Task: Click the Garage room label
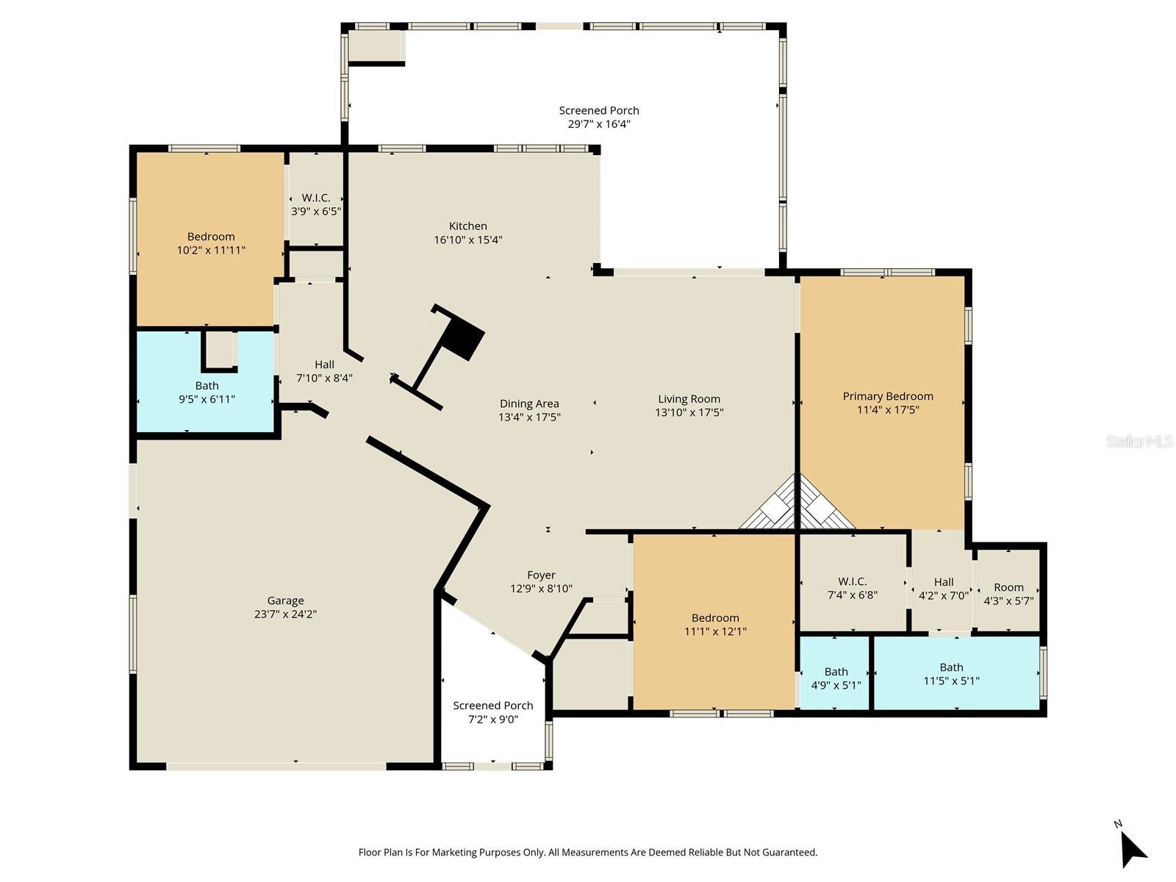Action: [285, 600]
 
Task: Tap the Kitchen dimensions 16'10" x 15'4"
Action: [468, 240]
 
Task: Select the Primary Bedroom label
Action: [888, 396]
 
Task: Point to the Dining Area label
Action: [529, 404]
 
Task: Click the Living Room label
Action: [689, 399]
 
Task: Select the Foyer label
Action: [541, 576]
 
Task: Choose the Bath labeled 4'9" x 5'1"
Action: [836, 678]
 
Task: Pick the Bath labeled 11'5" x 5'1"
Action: [951, 674]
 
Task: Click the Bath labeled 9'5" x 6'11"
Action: [207, 392]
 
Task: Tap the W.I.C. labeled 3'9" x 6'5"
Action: [316, 204]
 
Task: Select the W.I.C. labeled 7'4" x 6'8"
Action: [853, 588]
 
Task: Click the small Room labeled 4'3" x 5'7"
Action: [1008, 593]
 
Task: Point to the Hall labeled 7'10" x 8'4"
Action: [324, 371]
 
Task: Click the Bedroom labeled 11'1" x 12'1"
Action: [715, 624]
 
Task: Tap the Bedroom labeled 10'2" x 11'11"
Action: [211, 243]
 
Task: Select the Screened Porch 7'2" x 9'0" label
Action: [493, 712]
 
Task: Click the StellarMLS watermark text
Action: [1139, 441]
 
